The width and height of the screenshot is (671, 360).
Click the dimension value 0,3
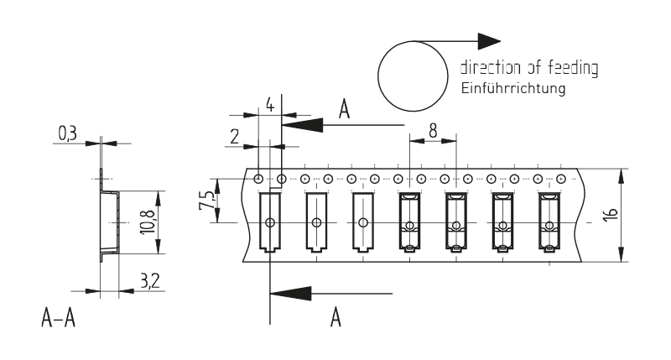click(x=68, y=133)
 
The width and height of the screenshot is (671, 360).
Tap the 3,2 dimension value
click(x=150, y=281)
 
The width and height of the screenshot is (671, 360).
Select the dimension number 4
click(x=269, y=105)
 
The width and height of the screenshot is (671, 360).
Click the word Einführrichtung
click(x=512, y=88)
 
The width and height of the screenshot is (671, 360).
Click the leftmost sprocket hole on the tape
click(x=259, y=178)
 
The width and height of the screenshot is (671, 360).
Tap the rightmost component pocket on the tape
click(x=548, y=222)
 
